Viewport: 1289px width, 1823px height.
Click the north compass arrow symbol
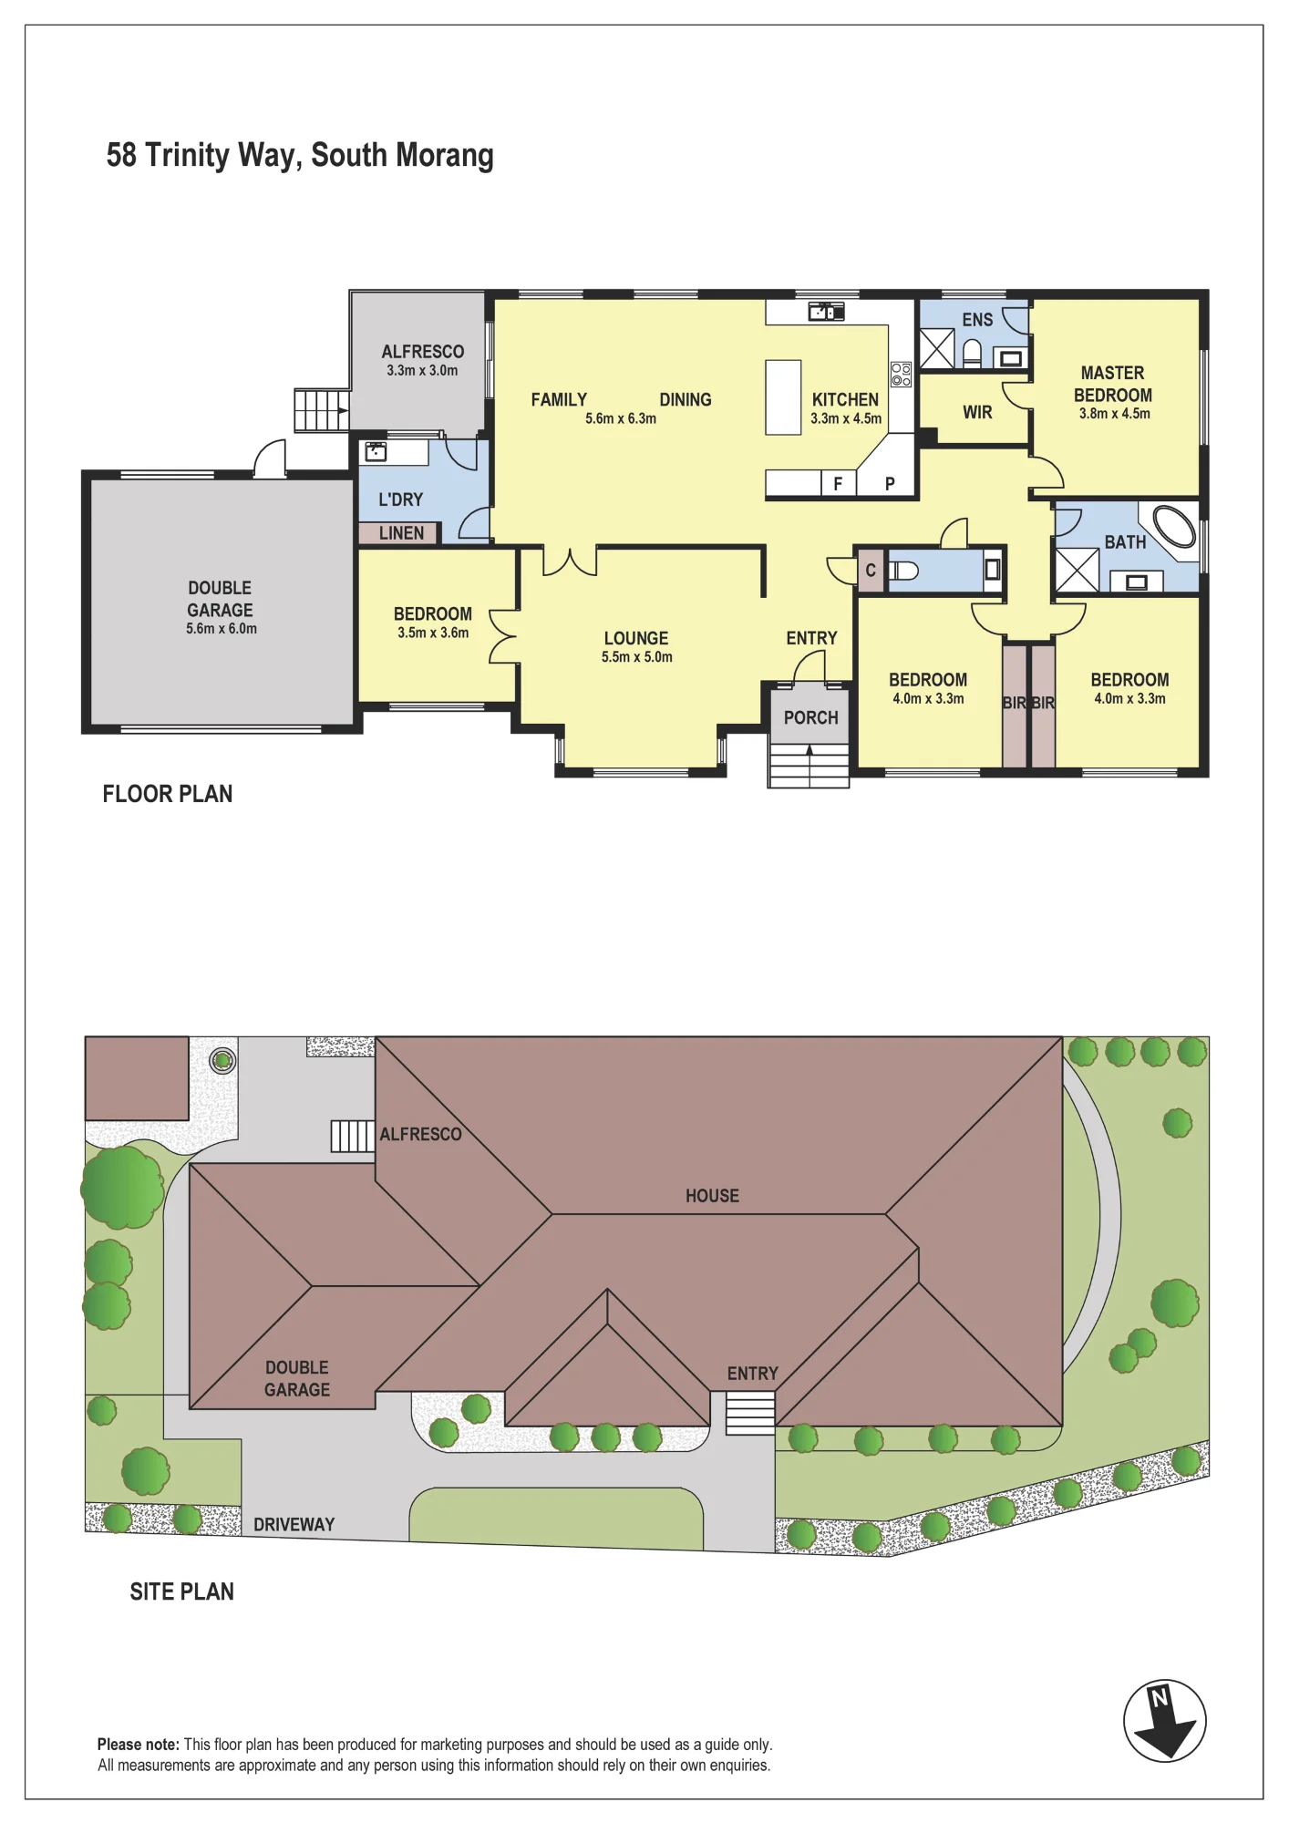pos(1165,1721)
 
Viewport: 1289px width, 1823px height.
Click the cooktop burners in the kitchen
pos(901,374)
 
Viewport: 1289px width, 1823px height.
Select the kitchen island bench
pos(783,397)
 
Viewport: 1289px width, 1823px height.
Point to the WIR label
pos(977,412)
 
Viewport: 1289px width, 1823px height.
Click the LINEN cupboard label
pos(401,533)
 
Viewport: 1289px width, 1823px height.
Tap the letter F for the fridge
pos(838,484)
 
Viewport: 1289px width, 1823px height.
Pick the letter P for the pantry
pos(890,484)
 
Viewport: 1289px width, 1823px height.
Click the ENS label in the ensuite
pos(977,320)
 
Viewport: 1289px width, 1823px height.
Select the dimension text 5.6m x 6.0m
pos(222,629)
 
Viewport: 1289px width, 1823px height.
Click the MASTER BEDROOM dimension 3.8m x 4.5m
pos(1114,414)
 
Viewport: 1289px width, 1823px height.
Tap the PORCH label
pos(810,717)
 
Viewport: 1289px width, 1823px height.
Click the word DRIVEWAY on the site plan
pos(294,1524)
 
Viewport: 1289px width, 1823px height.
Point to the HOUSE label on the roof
pos(712,1196)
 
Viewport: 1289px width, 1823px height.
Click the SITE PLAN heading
pos(181,1591)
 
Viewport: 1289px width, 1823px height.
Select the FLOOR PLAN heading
pos(168,794)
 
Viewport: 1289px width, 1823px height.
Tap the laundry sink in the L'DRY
pos(376,451)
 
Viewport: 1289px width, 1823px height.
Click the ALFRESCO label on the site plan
pos(420,1134)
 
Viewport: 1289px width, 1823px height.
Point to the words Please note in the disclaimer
pos(139,1745)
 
